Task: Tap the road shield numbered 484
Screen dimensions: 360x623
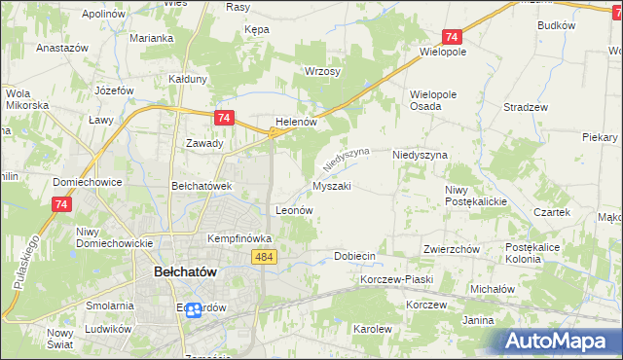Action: click(x=263, y=256)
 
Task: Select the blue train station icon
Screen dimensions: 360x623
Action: click(x=194, y=309)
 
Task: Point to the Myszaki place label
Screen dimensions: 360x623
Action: click(x=331, y=185)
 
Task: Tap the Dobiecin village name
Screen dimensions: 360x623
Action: click(x=354, y=256)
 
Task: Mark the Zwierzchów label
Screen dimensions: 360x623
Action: click(x=452, y=249)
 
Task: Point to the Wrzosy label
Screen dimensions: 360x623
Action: click(x=321, y=71)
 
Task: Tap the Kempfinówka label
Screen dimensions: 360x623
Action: click(x=238, y=237)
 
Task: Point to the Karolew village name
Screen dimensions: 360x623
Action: click(x=372, y=329)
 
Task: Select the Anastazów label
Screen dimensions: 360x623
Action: click(x=62, y=47)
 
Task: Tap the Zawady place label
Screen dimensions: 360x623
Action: click(x=204, y=143)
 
